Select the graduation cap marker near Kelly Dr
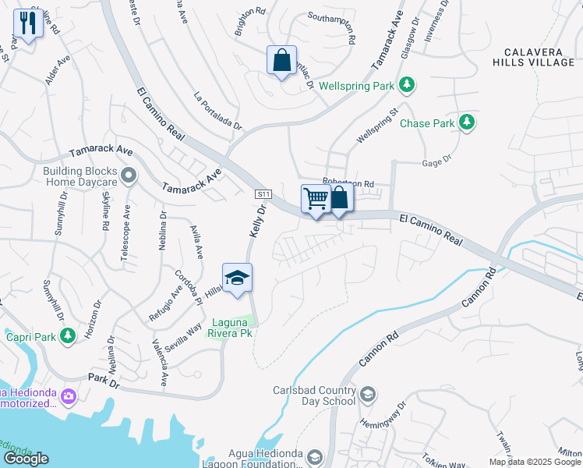[x=237, y=278]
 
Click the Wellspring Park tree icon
[x=406, y=83]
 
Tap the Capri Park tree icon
[x=69, y=335]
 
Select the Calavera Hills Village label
[x=536, y=57]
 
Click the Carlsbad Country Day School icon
[x=368, y=395]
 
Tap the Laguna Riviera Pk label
[x=231, y=326]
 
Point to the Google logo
[x=26, y=459]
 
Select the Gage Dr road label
[x=436, y=160]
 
